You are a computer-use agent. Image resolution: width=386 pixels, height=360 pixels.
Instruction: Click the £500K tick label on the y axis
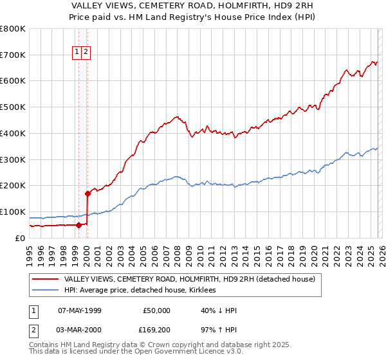(13, 107)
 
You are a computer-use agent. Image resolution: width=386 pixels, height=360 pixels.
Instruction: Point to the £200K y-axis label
(13, 185)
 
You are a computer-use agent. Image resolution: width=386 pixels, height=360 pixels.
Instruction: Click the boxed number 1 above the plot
(77, 52)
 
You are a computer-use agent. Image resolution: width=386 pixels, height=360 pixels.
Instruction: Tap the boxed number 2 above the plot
(86, 52)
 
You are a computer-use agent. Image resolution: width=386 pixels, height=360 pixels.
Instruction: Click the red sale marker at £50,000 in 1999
(78, 224)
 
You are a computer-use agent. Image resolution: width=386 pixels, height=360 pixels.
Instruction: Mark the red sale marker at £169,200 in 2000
(87, 193)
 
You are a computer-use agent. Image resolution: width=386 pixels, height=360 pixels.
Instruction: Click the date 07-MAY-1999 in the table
(80, 310)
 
